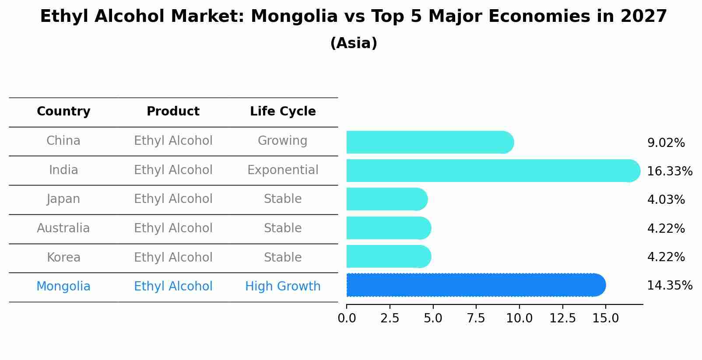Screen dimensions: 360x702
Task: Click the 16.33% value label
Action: pyautogui.click(x=669, y=171)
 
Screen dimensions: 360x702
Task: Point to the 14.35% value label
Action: pyautogui.click(x=669, y=286)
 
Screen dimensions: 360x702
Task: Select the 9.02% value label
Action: pyautogui.click(x=666, y=143)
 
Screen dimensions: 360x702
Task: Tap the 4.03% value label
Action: pyautogui.click(x=666, y=200)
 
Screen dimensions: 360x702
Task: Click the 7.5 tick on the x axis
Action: pyautogui.click(x=476, y=318)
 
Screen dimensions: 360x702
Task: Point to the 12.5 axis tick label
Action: pyautogui.click(x=562, y=318)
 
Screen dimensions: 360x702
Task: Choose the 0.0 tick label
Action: pyautogui.click(x=347, y=318)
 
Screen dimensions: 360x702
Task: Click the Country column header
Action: pyautogui.click(x=63, y=112)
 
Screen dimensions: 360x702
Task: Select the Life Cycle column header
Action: pyautogui.click(x=283, y=112)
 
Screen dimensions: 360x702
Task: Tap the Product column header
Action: pyautogui.click(x=173, y=112)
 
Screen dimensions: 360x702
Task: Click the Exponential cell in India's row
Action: pyautogui.click(x=283, y=170)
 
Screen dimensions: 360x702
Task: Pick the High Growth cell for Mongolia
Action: pyautogui.click(x=283, y=287)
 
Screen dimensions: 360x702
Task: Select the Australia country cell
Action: pyautogui.click(x=63, y=228)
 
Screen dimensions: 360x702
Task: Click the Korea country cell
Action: pyautogui.click(x=63, y=258)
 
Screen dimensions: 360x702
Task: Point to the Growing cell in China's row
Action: pyautogui.click(x=283, y=141)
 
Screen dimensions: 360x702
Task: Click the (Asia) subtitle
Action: pyautogui.click(x=354, y=43)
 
